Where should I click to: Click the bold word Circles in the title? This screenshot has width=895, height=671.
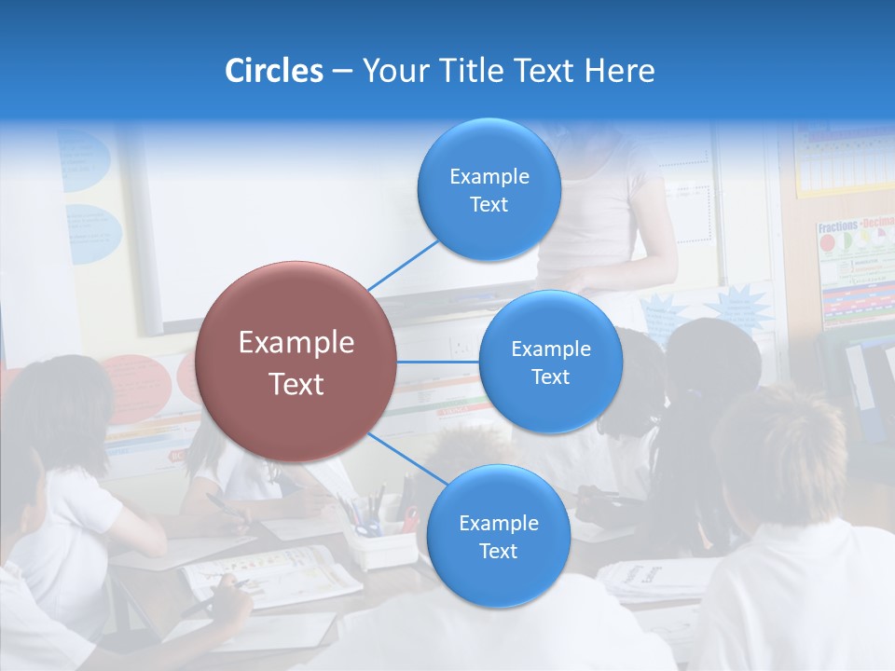point(274,71)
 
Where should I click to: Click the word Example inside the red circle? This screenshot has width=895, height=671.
point(296,343)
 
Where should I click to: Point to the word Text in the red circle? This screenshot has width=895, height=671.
point(296,384)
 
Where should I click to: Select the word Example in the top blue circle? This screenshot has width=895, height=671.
point(489,177)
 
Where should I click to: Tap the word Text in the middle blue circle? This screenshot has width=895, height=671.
point(550,377)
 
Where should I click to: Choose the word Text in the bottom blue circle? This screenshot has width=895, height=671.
point(498,552)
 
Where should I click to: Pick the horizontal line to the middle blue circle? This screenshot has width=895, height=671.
point(438,362)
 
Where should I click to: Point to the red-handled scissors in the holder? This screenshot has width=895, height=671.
point(410,518)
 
